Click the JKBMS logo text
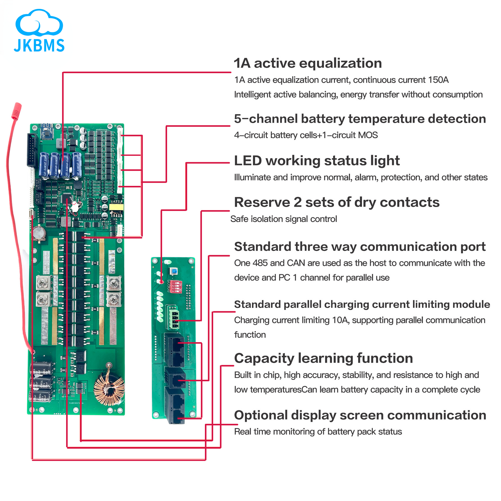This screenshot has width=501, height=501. pos(39,46)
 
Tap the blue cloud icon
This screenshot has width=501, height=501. pos(39,23)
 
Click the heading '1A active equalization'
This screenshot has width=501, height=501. pos(308,63)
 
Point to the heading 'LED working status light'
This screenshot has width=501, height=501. pos(317,161)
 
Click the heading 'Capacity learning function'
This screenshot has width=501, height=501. pos(323,358)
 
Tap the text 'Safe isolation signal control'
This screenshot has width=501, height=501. pos(284,219)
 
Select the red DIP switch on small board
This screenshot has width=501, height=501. pos(175,286)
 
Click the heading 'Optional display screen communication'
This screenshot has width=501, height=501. pos(360,416)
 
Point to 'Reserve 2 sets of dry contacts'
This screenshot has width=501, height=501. pos(336,203)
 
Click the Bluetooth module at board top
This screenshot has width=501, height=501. pos(47,132)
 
